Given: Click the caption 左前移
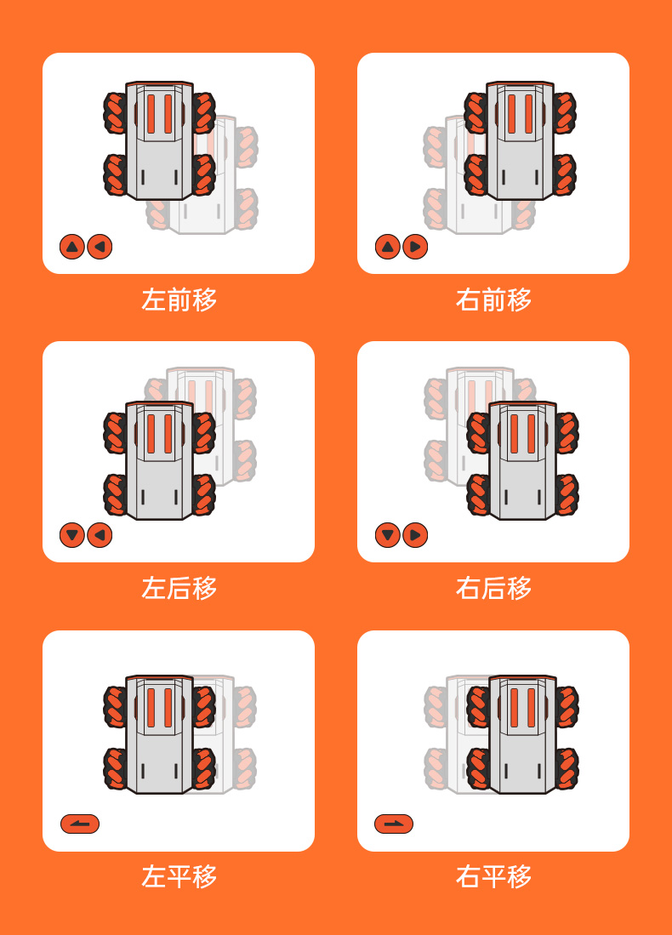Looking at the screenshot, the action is (x=179, y=299).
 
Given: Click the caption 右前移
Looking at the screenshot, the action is (x=493, y=299).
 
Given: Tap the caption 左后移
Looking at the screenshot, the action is (x=179, y=588).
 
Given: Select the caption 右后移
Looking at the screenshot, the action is (x=493, y=588).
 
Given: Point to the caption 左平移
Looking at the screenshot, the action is (x=179, y=876).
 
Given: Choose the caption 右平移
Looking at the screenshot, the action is (x=493, y=876).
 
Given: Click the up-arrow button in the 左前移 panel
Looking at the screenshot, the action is (x=72, y=246).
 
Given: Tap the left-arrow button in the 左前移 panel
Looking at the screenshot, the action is (x=100, y=246).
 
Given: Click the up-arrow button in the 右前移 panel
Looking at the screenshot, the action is (x=388, y=246).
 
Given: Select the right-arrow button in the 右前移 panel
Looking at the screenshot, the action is (x=415, y=246).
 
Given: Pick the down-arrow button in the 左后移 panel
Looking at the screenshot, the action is (x=72, y=535).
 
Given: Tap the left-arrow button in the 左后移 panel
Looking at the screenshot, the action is (x=100, y=535).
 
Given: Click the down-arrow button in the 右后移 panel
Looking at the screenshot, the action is (x=388, y=535).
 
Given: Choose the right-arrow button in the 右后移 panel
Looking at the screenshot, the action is (x=415, y=535).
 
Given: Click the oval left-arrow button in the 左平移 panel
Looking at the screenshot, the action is (x=80, y=824).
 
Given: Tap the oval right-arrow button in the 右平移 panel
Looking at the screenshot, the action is (x=394, y=824).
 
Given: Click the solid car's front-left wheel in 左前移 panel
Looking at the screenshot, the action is (x=115, y=112).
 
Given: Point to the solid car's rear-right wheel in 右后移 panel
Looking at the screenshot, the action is (x=567, y=494).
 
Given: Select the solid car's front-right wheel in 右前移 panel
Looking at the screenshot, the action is (x=564, y=112).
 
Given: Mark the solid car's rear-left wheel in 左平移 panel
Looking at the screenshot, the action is (x=115, y=768).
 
